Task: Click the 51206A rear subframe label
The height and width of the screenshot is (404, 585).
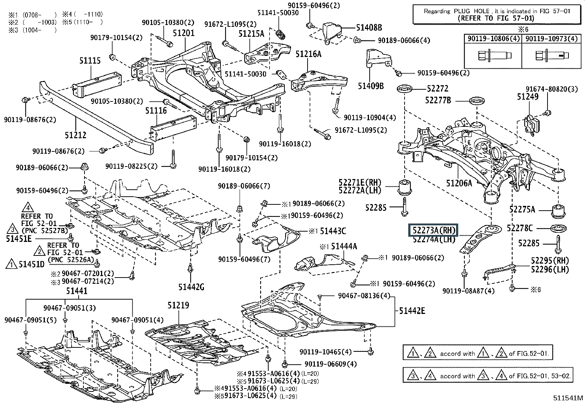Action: (x=459, y=183)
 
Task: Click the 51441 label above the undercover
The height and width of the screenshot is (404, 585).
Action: (x=77, y=291)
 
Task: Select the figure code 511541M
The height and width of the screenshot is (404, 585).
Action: (x=568, y=398)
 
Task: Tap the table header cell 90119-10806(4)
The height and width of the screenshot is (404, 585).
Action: (x=492, y=39)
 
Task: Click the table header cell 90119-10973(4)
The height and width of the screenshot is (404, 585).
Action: (x=551, y=39)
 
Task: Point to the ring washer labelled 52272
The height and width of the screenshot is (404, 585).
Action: (x=405, y=89)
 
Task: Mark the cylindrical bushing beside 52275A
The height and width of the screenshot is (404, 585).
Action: (x=559, y=210)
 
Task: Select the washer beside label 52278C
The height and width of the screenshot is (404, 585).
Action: (x=559, y=228)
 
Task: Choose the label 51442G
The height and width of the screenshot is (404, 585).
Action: (x=191, y=287)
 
